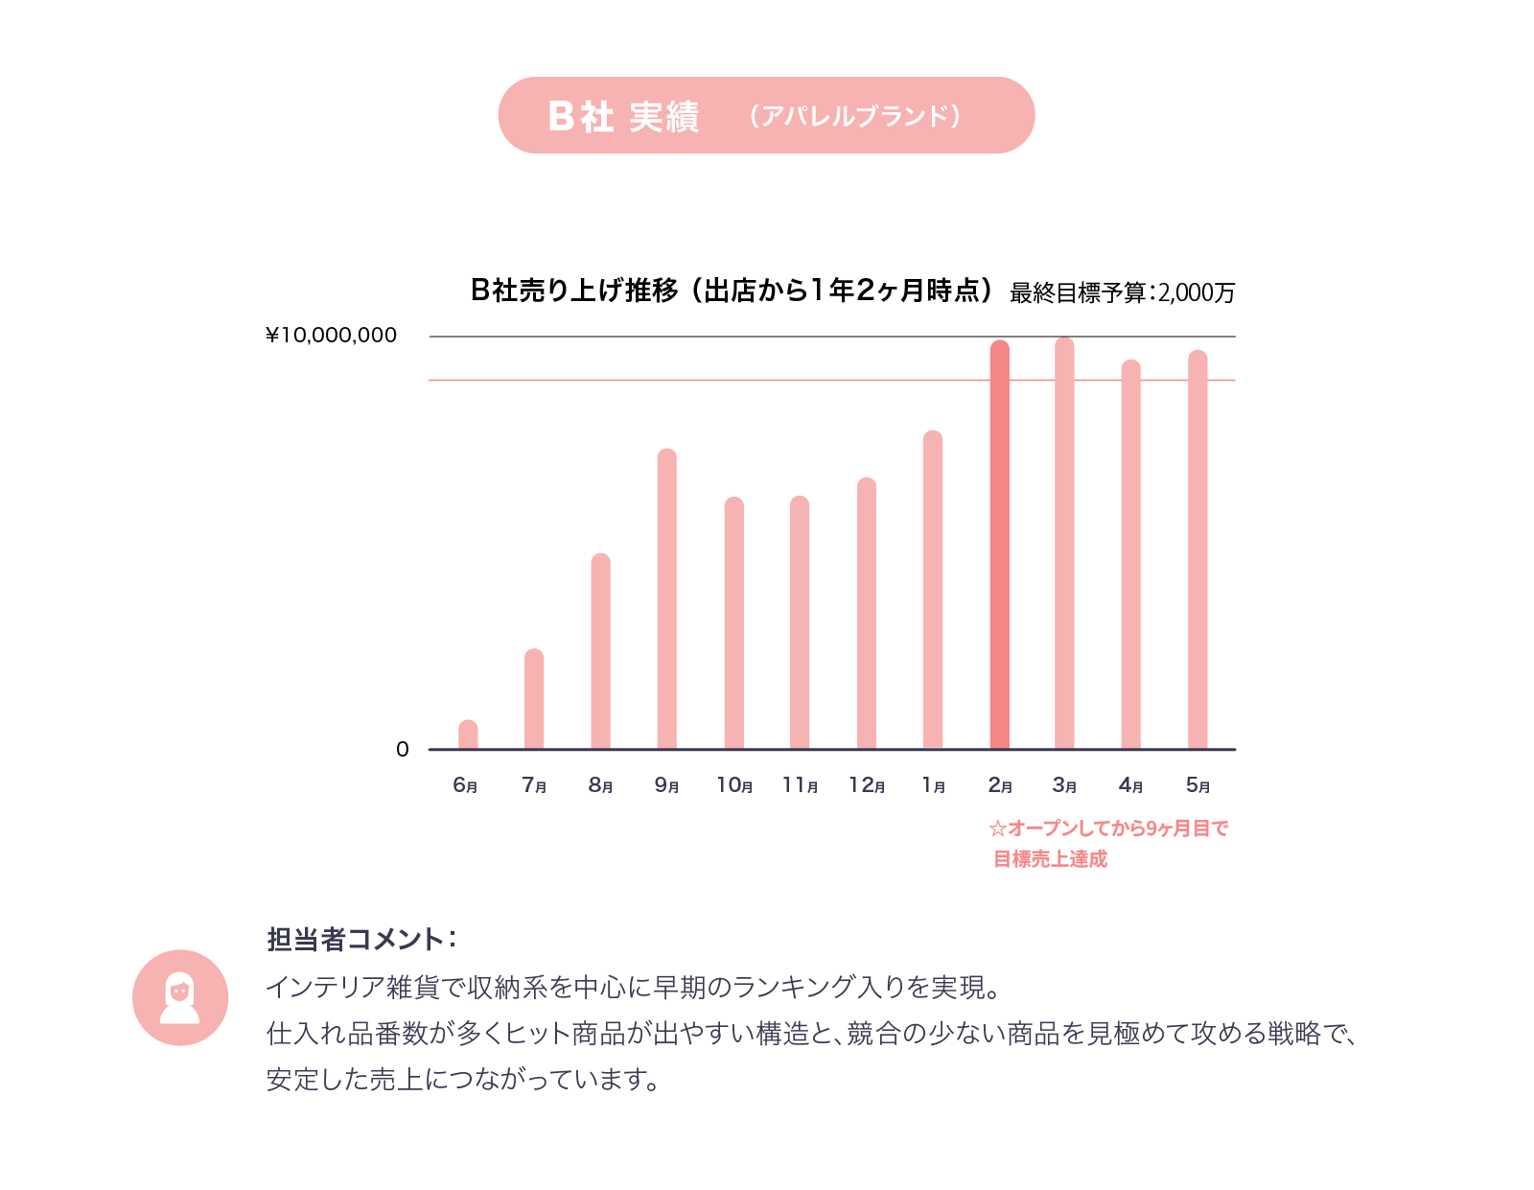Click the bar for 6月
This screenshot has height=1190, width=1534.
pyautogui.click(x=468, y=735)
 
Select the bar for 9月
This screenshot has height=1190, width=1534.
pyautogui.click(x=667, y=599)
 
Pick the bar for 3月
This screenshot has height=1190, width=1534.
pyautogui.click(x=1064, y=544)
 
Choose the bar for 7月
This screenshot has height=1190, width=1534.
pyautogui.click(x=534, y=699)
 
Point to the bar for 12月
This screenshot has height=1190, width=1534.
pyautogui.click(x=867, y=614)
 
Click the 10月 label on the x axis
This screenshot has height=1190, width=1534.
pyautogui.click(x=734, y=785)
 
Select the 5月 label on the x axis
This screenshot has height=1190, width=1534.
pyautogui.click(x=1197, y=785)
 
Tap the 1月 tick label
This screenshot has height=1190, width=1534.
pyautogui.click(x=933, y=785)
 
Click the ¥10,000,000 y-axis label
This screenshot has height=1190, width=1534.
pyautogui.click(x=331, y=336)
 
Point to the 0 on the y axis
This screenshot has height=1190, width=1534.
pyautogui.click(x=403, y=750)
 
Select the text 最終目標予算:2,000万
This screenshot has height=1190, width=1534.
pyautogui.click(x=1122, y=292)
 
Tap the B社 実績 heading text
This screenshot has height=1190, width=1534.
pyautogui.click(x=623, y=116)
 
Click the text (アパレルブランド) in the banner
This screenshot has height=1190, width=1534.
pyautogui.click(x=855, y=116)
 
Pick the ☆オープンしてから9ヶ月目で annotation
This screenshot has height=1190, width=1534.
pyautogui.click(x=1108, y=828)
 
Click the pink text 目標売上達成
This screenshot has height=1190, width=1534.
pyautogui.click(x=1050, y=859)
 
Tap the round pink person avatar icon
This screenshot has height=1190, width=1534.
pyautogui.click(x=180, y=997)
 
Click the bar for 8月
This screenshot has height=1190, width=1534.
pyautogui.click(x=601, y=651)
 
